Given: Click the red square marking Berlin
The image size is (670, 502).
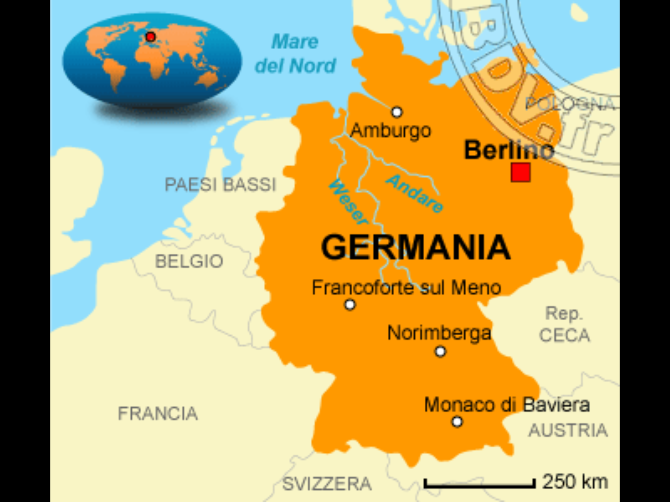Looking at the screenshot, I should tap(520, 172).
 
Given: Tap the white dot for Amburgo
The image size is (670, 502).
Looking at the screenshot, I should tap(397, 112).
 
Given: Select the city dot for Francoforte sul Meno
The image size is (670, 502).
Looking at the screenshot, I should tap(350, 305).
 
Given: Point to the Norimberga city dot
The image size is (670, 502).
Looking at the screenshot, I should tap(440, 352).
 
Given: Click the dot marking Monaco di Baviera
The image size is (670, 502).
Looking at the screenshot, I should tap(457, 422).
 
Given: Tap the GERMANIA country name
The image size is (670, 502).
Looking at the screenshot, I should tap(415, 247).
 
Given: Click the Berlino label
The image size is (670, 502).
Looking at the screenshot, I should tap(509, 150).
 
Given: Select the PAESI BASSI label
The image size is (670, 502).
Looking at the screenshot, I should tap(220, 185).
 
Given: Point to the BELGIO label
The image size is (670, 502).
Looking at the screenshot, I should tap(189, 261).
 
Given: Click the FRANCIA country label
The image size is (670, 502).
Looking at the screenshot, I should tap(158, 414).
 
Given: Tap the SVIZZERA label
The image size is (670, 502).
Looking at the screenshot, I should tap(327, 484).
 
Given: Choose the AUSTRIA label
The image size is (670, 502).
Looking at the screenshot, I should tap(568, 430).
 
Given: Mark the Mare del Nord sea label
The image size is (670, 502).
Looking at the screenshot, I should tap(295, 54).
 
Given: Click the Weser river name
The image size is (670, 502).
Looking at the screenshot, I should tap(348, 203).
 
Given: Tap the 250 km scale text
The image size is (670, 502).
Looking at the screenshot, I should tap(575, 481).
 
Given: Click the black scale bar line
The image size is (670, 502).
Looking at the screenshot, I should tap(480, 487).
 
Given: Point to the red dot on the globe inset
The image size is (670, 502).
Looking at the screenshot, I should tap(150, 37).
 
